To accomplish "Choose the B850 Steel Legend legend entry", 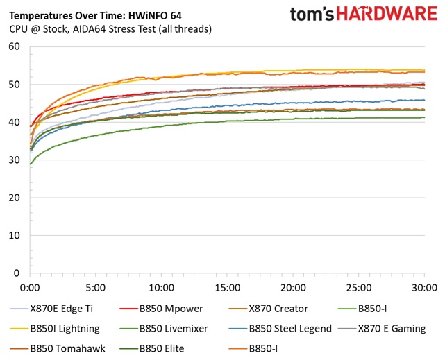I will click(x=289, y=328).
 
